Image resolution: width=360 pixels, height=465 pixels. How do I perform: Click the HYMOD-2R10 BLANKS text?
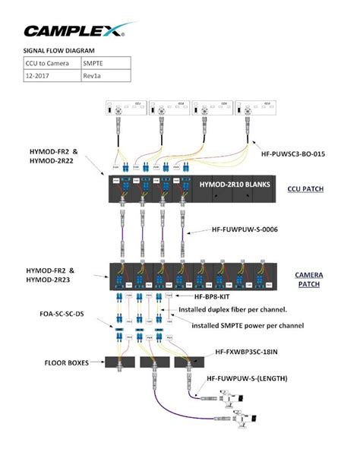235,184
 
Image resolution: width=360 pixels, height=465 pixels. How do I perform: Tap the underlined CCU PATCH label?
306,188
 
